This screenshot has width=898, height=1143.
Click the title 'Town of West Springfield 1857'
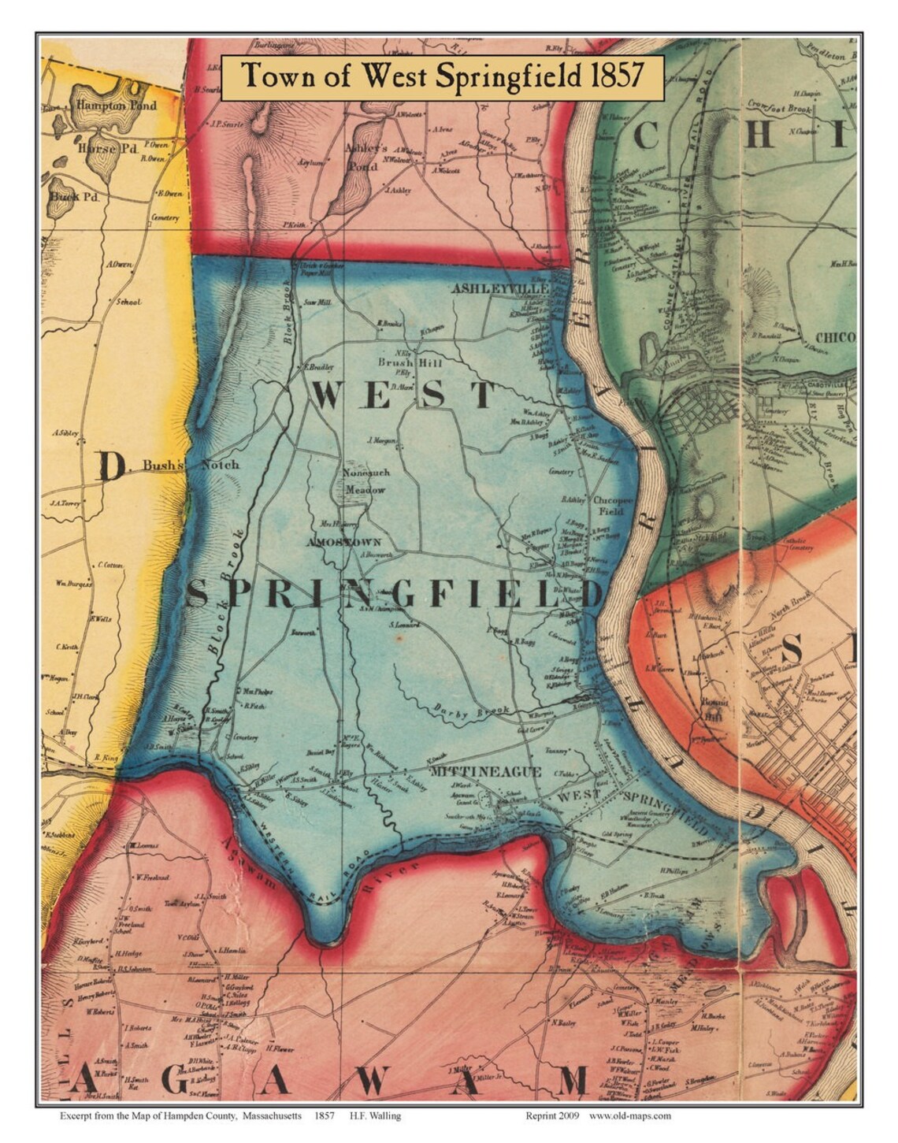(442, 76)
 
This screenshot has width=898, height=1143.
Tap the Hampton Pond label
(116, 106)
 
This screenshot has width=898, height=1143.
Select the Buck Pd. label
(74, 196)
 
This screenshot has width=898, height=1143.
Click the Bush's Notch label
(191, 465)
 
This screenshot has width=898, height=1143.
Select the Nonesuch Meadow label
(363, 482)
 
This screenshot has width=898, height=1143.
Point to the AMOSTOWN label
(344, 542)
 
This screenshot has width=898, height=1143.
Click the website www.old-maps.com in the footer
(629, 1115)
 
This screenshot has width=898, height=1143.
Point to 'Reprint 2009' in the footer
(555, 1115)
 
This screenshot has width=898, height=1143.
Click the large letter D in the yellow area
(113, 469)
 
